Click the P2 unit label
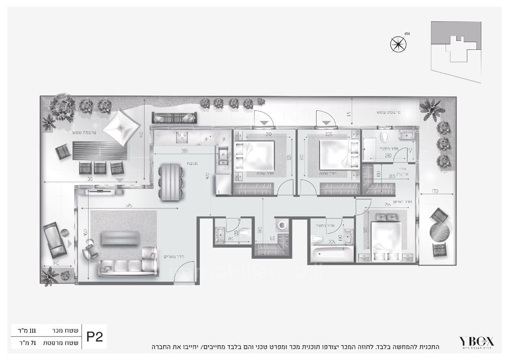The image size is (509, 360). pos(94,337)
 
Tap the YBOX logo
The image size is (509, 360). pos(476,342)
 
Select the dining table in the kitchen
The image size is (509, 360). pos(170,181)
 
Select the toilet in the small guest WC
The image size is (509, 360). pos(245,233)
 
